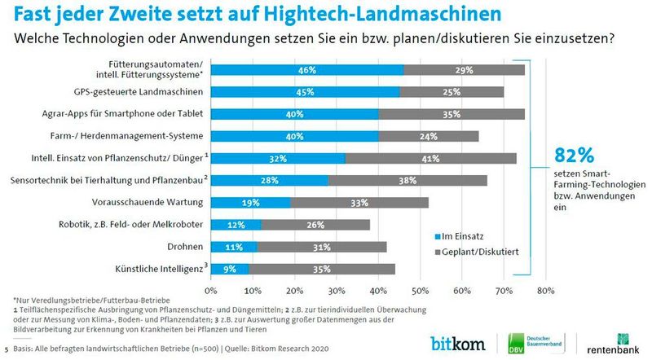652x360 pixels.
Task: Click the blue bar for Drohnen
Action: pos(233,246)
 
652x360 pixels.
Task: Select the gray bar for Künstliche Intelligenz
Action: pos(322,268)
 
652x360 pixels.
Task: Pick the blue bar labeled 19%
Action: pos(250,202)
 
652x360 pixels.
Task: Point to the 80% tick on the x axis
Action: pos(545,289)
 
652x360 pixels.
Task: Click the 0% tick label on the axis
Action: pos(211,289)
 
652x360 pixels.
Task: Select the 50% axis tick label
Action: pos(420,289)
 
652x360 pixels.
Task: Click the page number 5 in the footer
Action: pos(7,348)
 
